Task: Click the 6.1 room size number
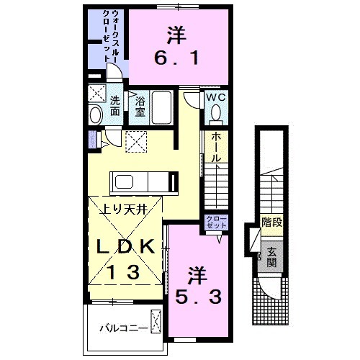click(176, 55)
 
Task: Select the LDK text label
click(126, 247)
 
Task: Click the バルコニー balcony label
click(123, 329)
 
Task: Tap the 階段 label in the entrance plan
click(271, 222)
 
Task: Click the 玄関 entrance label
click(272, 258)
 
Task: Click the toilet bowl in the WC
click(215, 114)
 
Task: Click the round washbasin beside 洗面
click(95, 114)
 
